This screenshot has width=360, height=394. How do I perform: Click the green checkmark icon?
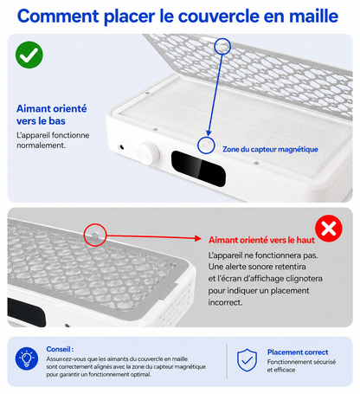point(29,55)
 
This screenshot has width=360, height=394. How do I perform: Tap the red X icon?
point(329,229)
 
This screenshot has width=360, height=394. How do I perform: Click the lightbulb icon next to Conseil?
point(27,358)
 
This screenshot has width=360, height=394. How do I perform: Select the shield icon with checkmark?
point(247,360)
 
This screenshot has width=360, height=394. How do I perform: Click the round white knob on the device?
point(148,153)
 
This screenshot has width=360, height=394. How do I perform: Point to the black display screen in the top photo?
point(198,169)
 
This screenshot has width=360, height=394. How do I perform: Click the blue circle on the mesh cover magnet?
point(222,46)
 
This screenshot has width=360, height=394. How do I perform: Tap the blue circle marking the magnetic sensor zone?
point(206,145)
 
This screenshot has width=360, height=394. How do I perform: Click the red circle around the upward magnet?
point(95,235)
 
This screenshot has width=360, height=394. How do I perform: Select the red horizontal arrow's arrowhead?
point(198,238)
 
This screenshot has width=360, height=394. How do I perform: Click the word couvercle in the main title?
point(219,16)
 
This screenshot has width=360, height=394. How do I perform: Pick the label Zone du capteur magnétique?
point(270,149)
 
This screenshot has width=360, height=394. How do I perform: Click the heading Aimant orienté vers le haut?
point(261,240)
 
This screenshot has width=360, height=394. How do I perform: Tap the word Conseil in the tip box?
point(59,349)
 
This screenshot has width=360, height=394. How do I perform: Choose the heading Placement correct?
point(298,352)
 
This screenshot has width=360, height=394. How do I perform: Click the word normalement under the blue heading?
point(41,145)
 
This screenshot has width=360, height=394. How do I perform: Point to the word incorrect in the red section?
point(225,302)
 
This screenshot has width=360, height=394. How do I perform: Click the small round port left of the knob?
point(122,147)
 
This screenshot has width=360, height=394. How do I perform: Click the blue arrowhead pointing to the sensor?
point(209,132)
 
